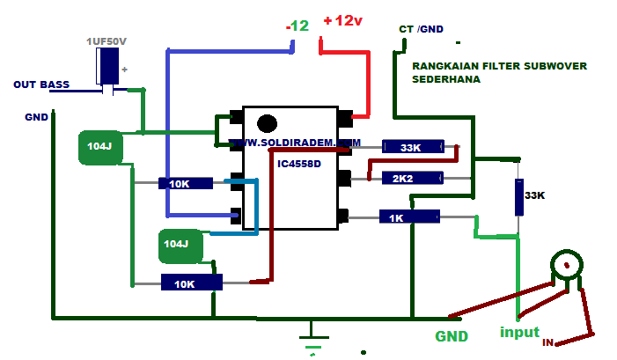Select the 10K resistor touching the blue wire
186,184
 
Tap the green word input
519,333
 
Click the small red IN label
547,342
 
